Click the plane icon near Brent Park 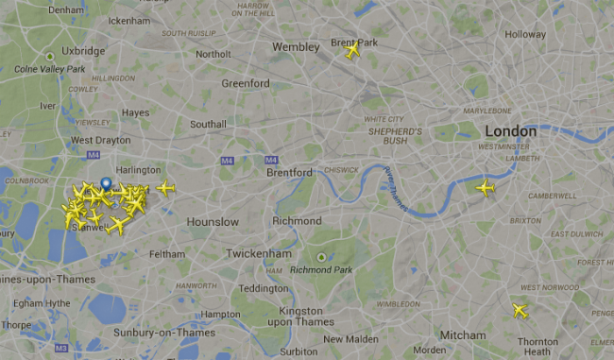tap(352, 50)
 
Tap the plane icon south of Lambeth tap(486, 188)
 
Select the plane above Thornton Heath tap(520, 310)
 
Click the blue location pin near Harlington tap(105, 184)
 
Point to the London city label tap(510, 131)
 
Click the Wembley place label tap(296, 46)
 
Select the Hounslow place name tap(213, 222)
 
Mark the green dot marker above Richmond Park tap(321, 257)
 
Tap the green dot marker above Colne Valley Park tap(50, 56)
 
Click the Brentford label tap(289, 173)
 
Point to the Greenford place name tap(246, 83)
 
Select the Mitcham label tap(462, 335)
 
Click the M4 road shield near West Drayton tap(93, 155)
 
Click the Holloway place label tap(525, 35)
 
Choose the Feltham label tap(167, 254)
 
